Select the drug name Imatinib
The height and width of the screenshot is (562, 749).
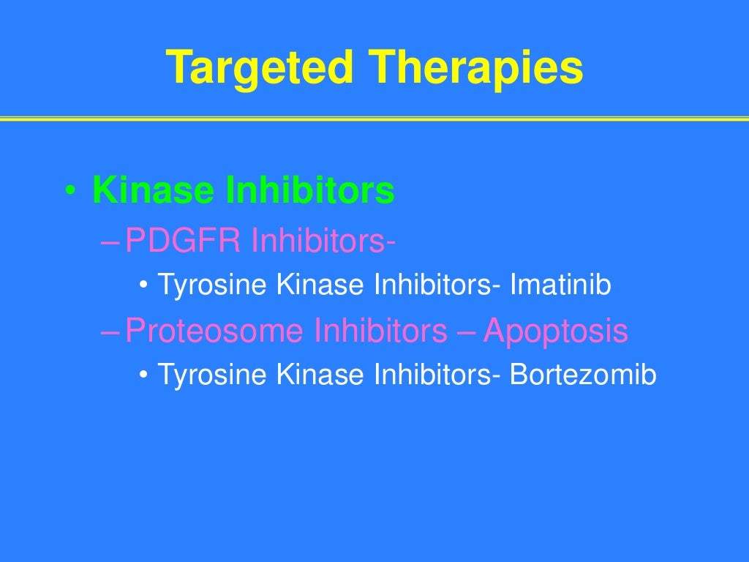[560, 286]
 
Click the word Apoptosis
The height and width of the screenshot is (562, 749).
[555, 331]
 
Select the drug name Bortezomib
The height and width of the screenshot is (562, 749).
[583, 375]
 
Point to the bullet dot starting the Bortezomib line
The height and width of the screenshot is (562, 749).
[143, 376]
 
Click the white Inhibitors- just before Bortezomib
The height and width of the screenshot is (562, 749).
[438, 375]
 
